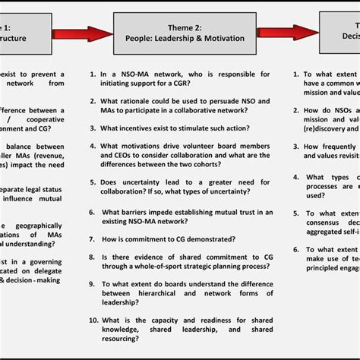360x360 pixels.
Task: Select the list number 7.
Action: pos(90,238)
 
